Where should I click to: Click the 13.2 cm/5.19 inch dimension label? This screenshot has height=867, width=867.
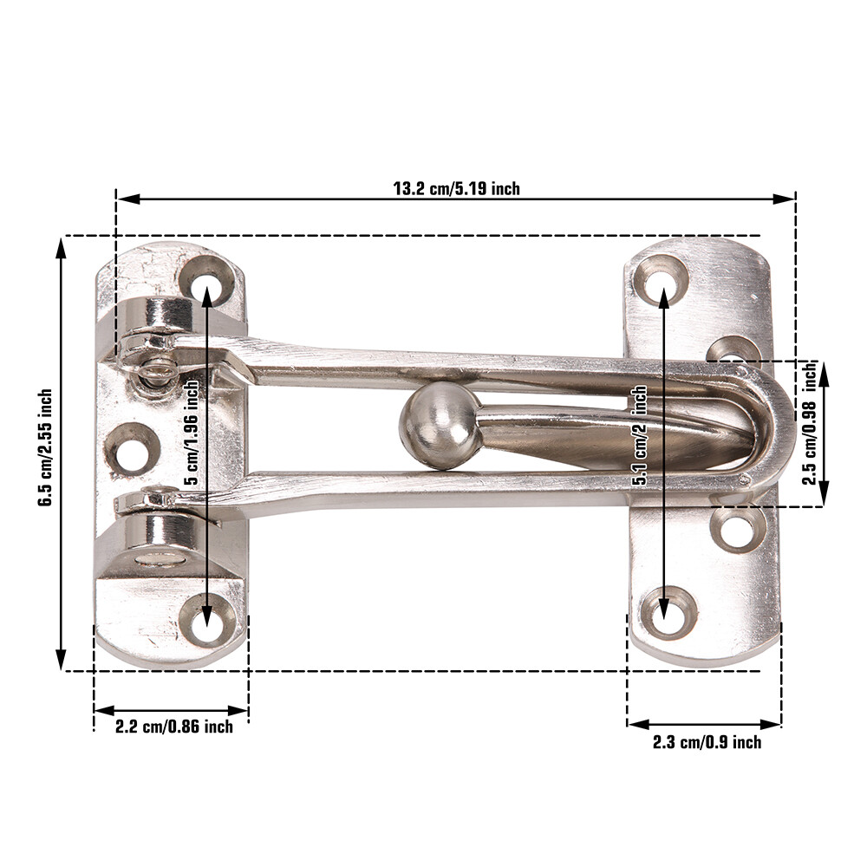point(456,188)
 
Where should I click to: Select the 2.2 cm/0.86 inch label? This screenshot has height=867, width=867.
point(173,726)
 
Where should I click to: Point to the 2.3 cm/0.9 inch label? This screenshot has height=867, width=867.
point(707,742)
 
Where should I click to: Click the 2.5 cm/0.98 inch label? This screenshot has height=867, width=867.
point(810,423)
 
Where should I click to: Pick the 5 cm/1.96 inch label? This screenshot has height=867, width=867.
point(192,432)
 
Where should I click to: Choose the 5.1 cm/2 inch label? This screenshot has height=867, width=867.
point(640,435)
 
